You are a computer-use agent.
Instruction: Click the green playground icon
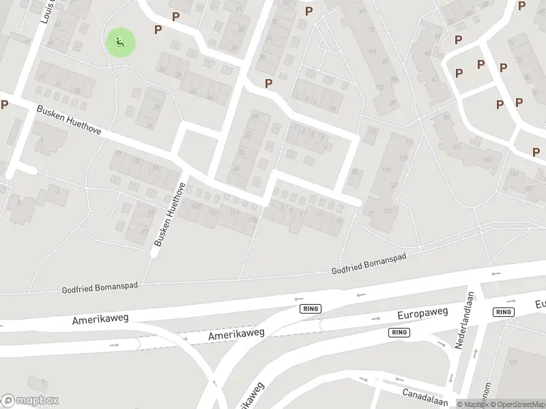pyautogui.click(x=120, y=43)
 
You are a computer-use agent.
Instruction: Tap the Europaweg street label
pyautogui.click(x=422, y=314)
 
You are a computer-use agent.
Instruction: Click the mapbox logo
pyautogui.click(x=30, y=400)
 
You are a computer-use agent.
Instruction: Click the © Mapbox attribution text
pyautogui.click(x=472, y=404)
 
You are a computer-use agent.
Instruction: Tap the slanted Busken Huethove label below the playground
pyautogui.click(x=68, y=119)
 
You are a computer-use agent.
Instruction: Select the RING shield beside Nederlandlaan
pyautogui.click(x=503, y=312)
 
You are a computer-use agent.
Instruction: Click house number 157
pyautogui.click(x=526, y=189)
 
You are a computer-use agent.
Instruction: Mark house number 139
pyautogui.click(x=386, y=170)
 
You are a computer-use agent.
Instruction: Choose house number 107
pyautogui.click(x=214, y=212)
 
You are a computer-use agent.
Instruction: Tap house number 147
pyautogui.click(x=487, y=160)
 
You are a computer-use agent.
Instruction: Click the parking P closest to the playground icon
pyautogui.click(x=158, y=29)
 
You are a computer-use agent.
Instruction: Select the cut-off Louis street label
pyautogui.click(x=46, y=12)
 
